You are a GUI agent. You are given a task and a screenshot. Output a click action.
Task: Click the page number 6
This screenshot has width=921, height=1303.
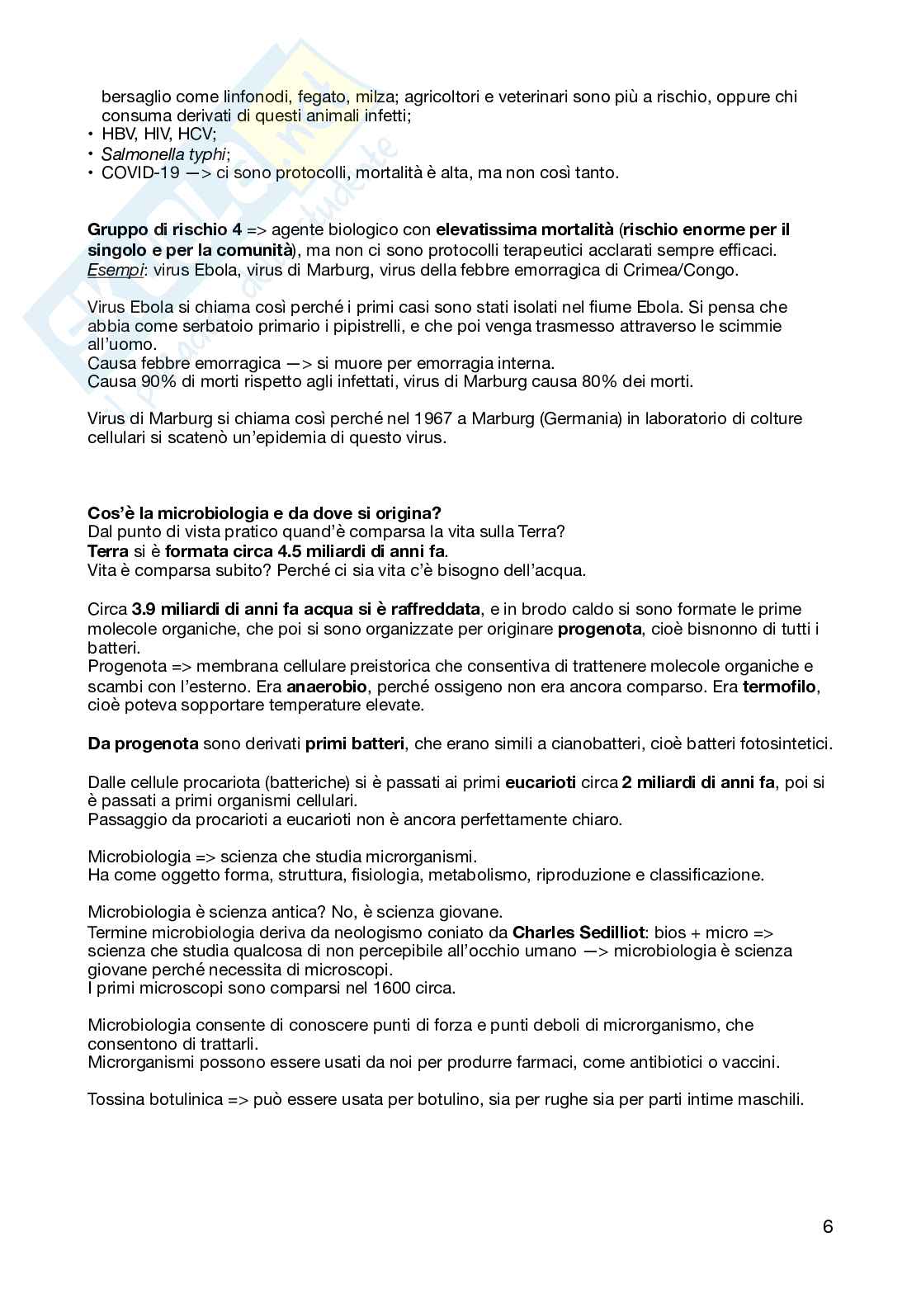coord(828,1226)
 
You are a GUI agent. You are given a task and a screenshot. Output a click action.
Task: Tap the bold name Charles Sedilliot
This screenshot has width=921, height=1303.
coord(578,932)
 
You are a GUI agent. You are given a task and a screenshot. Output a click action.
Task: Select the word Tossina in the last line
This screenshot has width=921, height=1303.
coord(116,1099)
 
